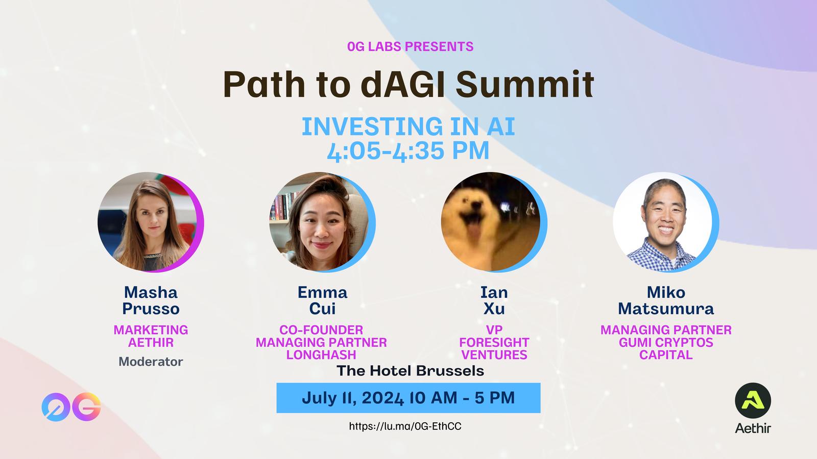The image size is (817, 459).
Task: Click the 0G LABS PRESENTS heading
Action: pos(411,46)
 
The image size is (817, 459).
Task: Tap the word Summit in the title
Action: pos(525,84)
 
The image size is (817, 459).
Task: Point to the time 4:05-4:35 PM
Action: pos(408,151)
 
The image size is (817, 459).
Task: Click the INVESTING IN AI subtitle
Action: pos(408,126)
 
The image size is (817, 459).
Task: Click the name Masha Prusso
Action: pos(151,300)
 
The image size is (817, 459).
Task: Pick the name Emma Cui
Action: pos(322,300)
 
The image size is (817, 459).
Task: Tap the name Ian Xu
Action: pos(494,300)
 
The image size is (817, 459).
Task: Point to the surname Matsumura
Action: pos(666,309)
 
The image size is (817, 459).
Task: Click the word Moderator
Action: pos(151,362)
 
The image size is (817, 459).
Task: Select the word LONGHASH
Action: pos(321,355)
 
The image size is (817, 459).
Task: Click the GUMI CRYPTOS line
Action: pos(666,342)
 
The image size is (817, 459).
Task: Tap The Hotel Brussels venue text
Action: pos(411,371)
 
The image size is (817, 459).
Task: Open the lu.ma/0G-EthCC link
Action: pos(405,426)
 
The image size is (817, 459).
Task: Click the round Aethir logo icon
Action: pos(753,400)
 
